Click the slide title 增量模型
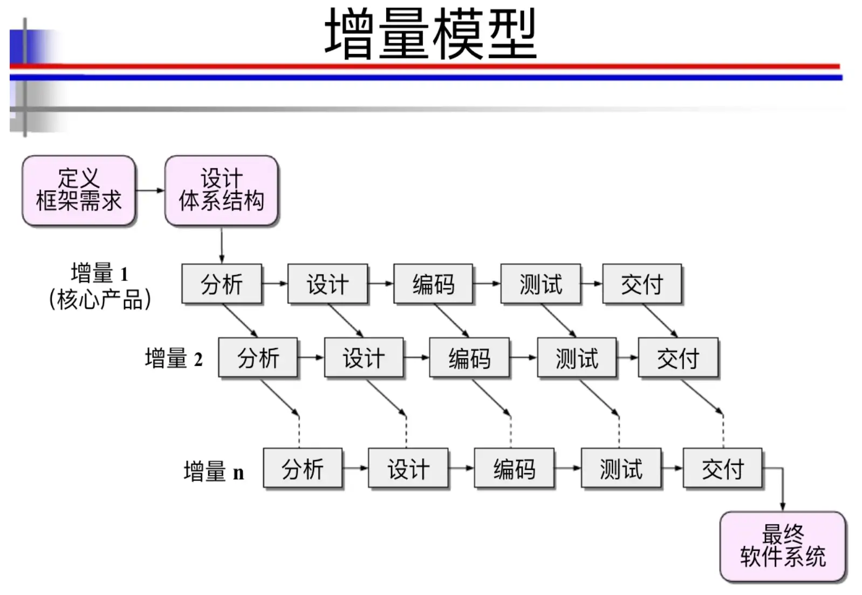(x=430, y=34)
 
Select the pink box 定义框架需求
(x=79, y=190)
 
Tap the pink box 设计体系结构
(x=221, y=190)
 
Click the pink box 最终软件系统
(x=783, y=546)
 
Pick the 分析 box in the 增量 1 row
(x=222, y=284)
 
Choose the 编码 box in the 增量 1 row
(x=433, y=284)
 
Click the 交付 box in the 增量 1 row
(x=641, y=284)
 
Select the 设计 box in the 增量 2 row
(x=364, y=357)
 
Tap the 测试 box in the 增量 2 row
(x=577, y=357)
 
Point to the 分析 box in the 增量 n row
(x=303, y=468)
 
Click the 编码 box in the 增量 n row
(x=514, y=468)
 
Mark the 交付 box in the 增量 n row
(x=722, y=468)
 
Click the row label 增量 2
(x=174, y=359)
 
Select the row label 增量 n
(x=214, y=471)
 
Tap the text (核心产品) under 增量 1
(x=100, y=299)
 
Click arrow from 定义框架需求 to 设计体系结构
(x=150, y=190)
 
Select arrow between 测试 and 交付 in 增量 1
(x=592, y=283)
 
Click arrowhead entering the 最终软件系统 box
(x=783, y=506)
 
